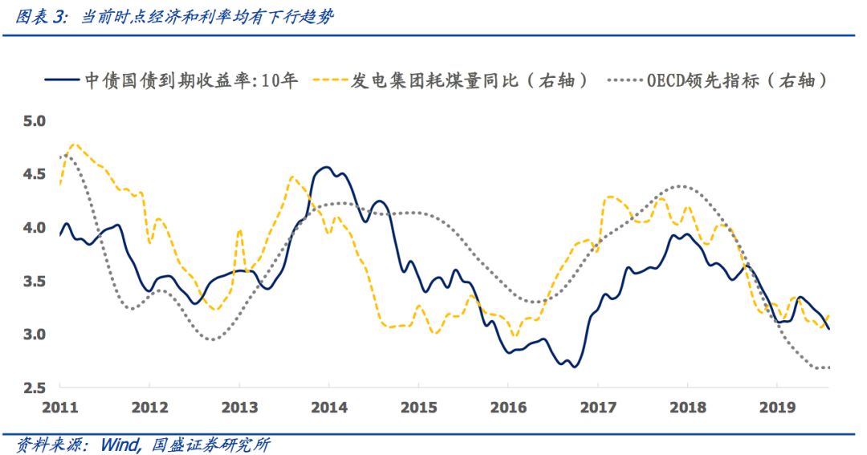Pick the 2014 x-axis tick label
[328, 407]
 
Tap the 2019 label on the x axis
[776, 407]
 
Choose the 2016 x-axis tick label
[507, 407]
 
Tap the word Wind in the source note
[122, 444]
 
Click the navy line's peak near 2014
[327, 167]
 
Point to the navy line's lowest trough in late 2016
[573, 367]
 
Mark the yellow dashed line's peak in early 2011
[75, 144]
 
